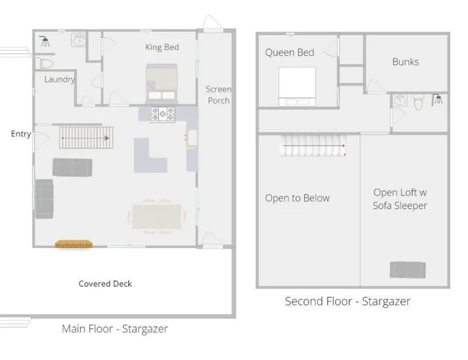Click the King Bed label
coord(162,47)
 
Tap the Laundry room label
coord(60,79)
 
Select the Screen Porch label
coord(218,95)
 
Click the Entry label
coord(21,134)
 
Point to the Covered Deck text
coord(105,284)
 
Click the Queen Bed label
coord(289,52)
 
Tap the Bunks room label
coord(405,62)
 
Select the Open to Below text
coord(297,198)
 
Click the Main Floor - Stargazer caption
coord(115,329)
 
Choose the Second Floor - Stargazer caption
coord(348,301)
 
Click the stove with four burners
coord(162,114)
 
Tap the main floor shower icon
coord(45,41)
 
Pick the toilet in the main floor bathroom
coord(45,63)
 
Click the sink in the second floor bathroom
coord(399,100)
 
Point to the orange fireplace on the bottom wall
coord(74,243)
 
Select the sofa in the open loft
coord(408,270)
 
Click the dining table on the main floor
coord(157,216)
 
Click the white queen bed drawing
coord(297,86)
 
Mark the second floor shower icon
coord(437,100)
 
